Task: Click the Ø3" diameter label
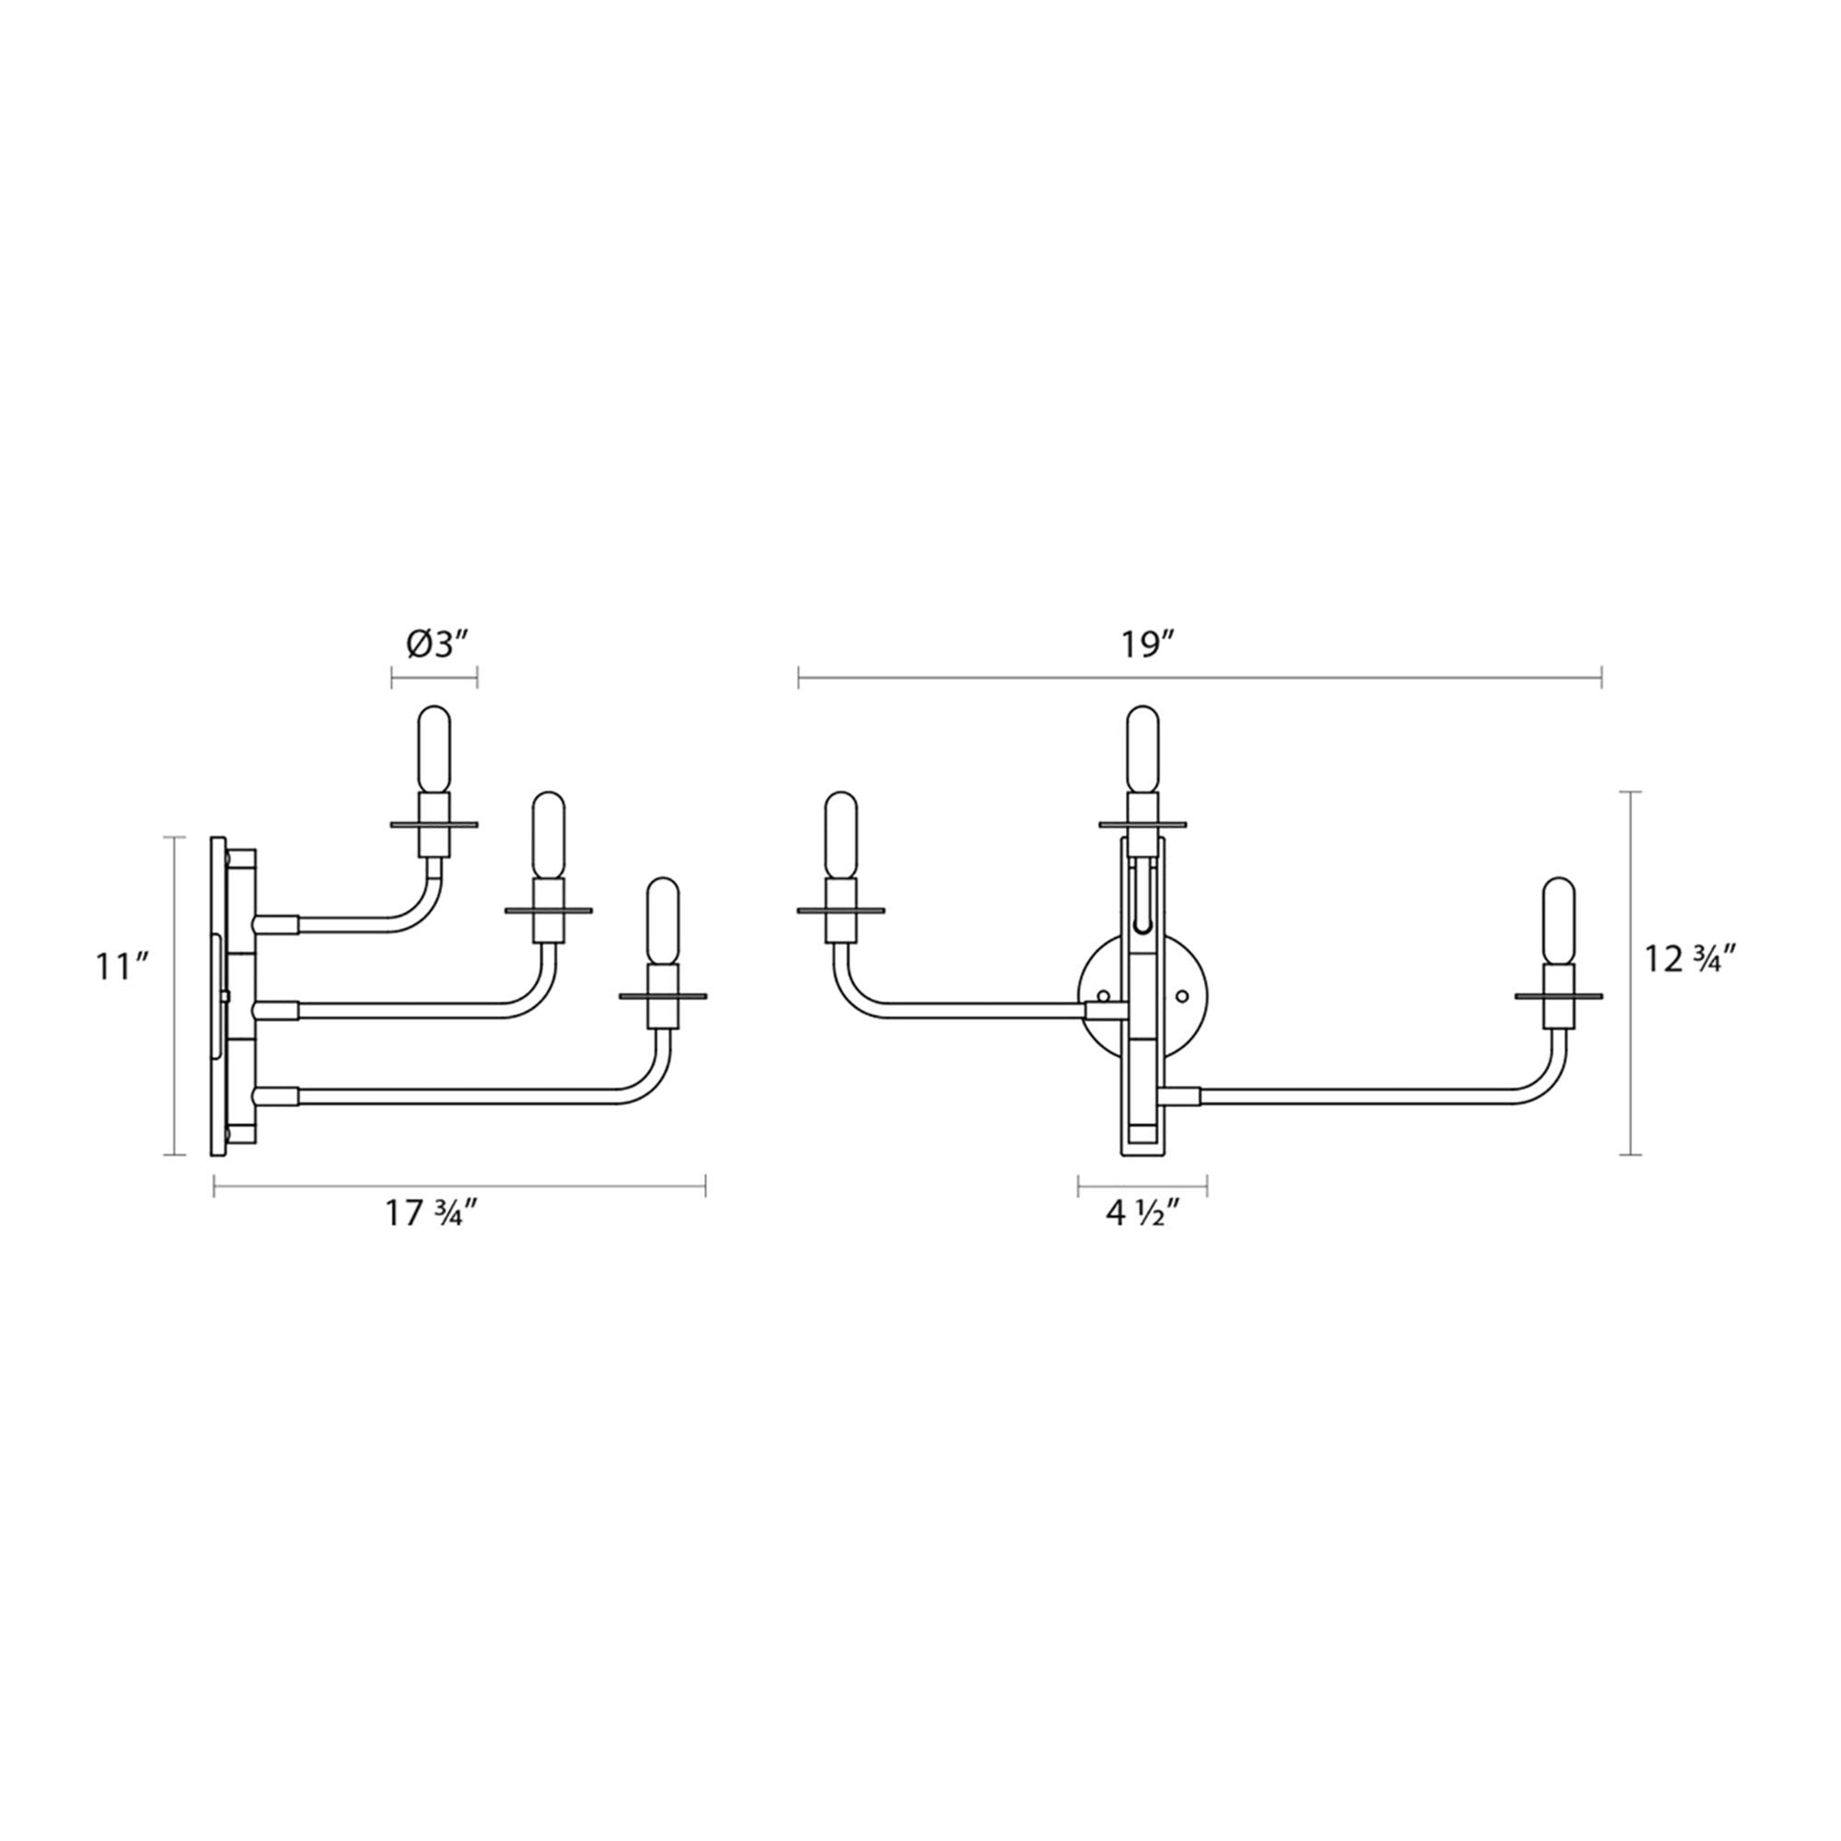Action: click(x=434, y=646)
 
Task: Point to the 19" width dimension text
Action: click(x=1146, y=646)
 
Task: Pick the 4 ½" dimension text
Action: click(x=1144, y=1215)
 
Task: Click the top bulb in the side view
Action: click(x=434, y=750)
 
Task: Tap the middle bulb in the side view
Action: click(x=548, y=837)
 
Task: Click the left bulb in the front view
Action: click(x=840, y=837)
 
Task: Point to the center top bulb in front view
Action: click(x=1142, y=750)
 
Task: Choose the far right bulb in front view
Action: click(x=1559, y=922)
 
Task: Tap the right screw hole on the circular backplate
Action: click(x=1183, y=997)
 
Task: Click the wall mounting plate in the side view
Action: click(x=218, y=997)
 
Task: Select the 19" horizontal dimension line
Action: click(x=1199, y=678)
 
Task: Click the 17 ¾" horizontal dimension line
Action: click(x=459, y=1187)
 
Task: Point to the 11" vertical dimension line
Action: click(x=173, y=997)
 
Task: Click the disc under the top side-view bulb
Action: click(x=434, y=824)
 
